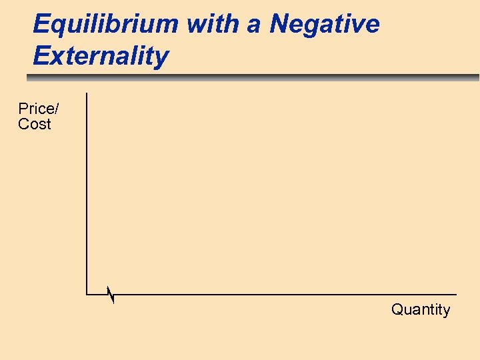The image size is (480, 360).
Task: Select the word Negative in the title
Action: pyautogui.click(x=325, y=24)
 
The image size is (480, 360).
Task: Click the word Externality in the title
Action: pyautogui.click(x=101, y=56)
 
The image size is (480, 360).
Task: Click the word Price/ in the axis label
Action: pyautogui.click(x=38, y=109)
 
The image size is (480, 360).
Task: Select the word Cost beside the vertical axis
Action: pyautogui.click(x=35, y=124)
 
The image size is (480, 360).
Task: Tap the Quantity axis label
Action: pyautogui.click(x=421, y=309)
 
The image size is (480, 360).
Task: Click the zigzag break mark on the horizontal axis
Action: pyautogui.click(x=111, y=295)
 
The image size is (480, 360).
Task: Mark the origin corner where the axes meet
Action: pyautogui.click(x=87, y=294)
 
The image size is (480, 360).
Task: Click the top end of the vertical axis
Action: pyautogui.click(x=87, y=93)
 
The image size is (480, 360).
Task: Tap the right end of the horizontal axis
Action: pyautogui.click(x=456, y=294)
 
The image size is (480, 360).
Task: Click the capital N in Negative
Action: pyautogui.click(x=279, y=24)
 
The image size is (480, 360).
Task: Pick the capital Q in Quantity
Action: pyautogui.click(x=397, y=309)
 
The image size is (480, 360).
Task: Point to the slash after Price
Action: pyautogui.click(x=56, y=109)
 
